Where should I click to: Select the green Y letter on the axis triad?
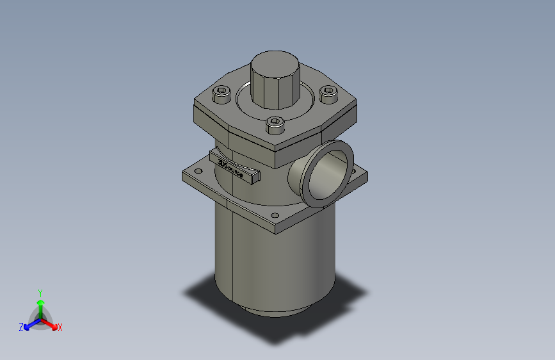(x=40, y=291)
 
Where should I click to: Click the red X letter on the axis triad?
(x=60, y=327)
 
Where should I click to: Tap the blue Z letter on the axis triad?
(x=21, y=327)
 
